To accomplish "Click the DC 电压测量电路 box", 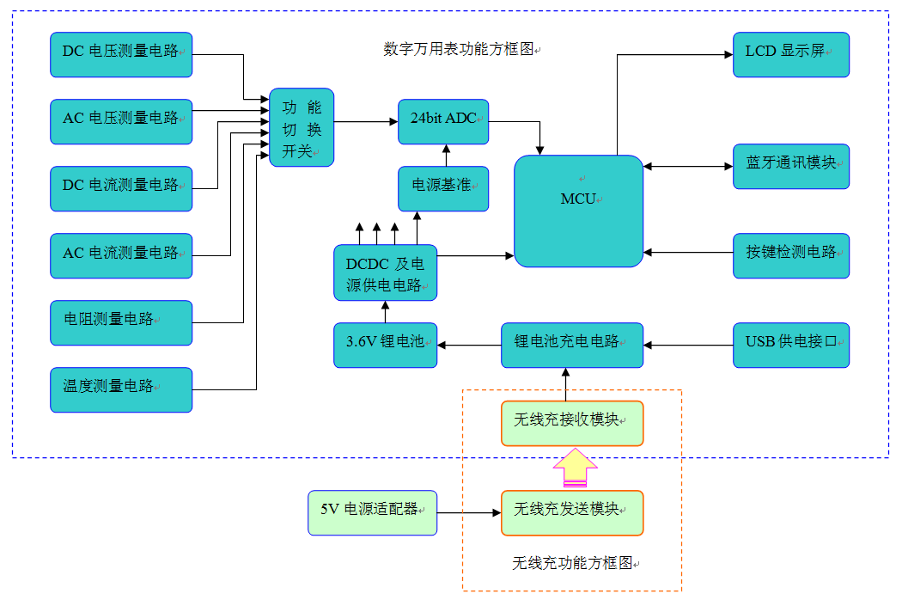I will (x=121, y=54).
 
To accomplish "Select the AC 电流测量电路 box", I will (x=121, y=255).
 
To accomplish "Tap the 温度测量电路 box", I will (x=121, y=389).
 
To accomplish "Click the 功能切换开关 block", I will (x=302, y=127).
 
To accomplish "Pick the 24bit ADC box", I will (x=443, y=121).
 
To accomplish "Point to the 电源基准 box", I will (x=443, y=188).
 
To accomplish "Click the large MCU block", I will (x=578, y=211).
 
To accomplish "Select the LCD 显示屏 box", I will (x=791, y=54).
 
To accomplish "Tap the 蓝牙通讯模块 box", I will (x=791, y=166).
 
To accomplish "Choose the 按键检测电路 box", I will (x=791, y=255).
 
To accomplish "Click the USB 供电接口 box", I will (x=791, y=345).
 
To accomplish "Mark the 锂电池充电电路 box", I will (x=572, y=345).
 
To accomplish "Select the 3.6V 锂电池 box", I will (x=386, y=345).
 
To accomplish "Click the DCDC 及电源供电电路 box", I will (x=385, y=272).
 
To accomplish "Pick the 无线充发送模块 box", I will (x=572, y=512).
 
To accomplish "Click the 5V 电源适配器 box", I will (x=373, y=512).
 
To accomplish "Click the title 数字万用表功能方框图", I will (x=459, y=49).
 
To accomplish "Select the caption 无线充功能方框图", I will (x=574, y=564).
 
